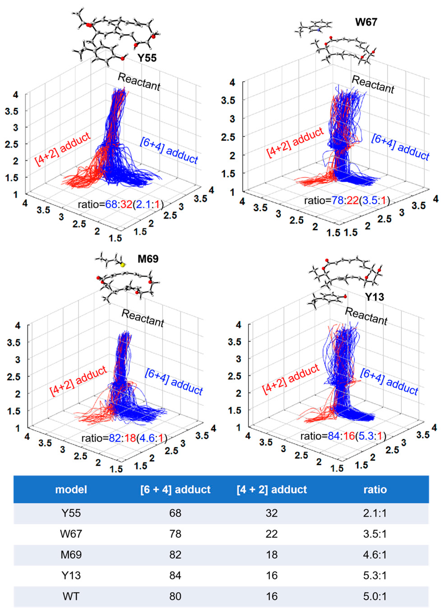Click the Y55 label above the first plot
pos(147,58)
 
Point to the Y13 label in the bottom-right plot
pos(374,297)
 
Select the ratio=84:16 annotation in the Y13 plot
pos(343,436)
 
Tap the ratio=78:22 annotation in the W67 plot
pos(347,201)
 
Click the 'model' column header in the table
pos(71,489)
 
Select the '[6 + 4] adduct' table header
pos(175,489)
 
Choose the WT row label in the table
pos(71,596)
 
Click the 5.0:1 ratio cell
pos(375,596)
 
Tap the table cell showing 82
pos(175,554)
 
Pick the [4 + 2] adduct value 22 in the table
pos(272,534)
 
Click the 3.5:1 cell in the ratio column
pos(375,534)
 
